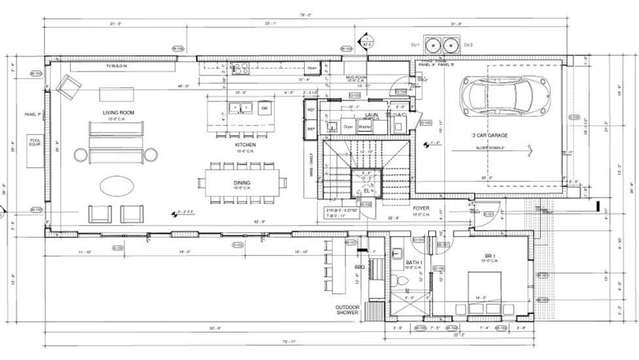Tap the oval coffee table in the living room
pos(117,186)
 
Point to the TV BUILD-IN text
pos(116,65)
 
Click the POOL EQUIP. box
pos(35,143)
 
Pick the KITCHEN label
pos(245,145)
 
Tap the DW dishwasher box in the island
pos(263,109)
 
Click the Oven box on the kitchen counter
pos(312,68)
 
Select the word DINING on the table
pos(242,182)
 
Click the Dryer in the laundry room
pos(348,127)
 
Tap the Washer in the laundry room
pos(364,127)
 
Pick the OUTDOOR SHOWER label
pos(347,310)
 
